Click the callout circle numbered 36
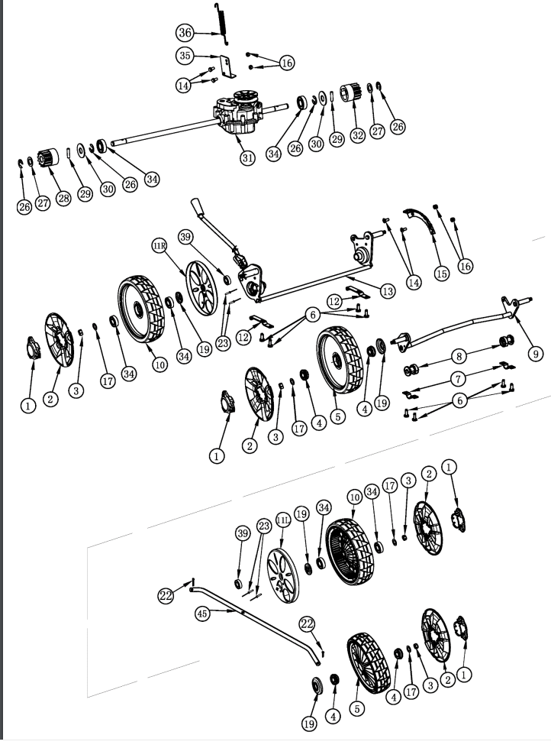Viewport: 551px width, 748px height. click(x=184, y=33)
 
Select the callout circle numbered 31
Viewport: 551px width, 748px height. click(x=246, y=157)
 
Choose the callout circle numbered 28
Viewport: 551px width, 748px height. click(x=63, y=198)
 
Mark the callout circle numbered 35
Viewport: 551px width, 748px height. click(x=184, y=56)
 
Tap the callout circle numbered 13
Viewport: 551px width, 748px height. click(x=388, y=290)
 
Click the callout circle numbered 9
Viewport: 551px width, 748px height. click(x=536, y=353)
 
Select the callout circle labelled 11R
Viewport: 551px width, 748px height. click(x=159, y=246)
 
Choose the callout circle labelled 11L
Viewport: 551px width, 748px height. click(x=282, y=520)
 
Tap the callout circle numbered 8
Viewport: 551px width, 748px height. click(x=459, y=355)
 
